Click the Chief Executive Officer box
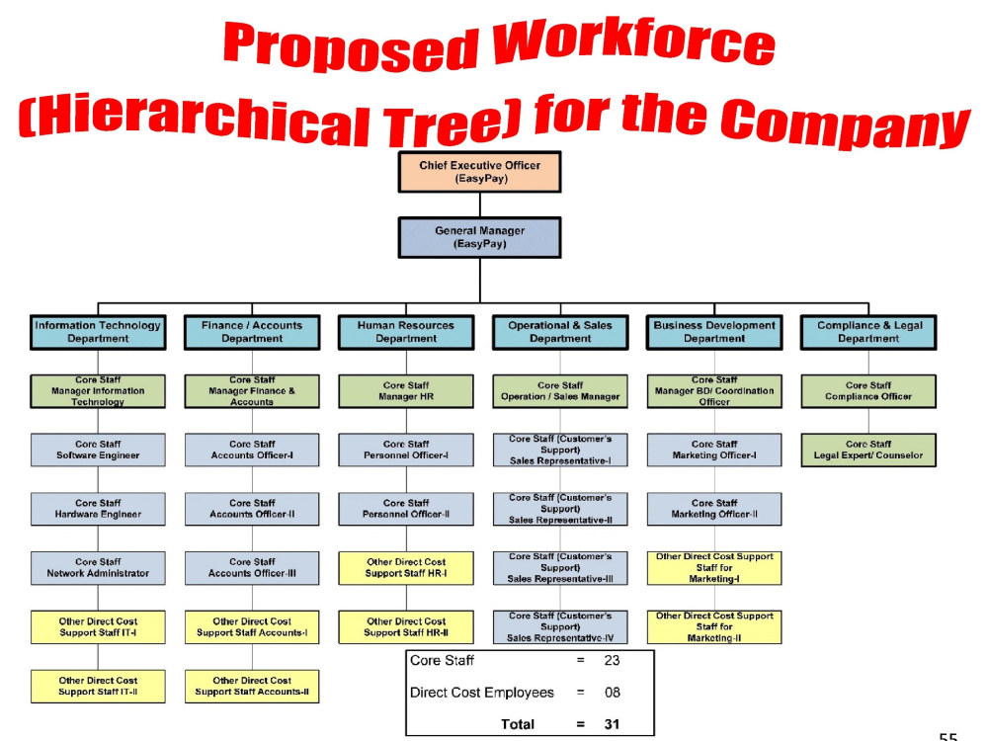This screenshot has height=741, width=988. tap(479, 172)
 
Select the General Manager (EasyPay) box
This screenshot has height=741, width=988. tap(479, 237)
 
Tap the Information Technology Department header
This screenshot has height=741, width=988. tap(98, 332)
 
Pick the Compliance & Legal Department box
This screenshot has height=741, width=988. tap(868, 332)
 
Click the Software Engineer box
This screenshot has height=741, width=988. tap(98, 450)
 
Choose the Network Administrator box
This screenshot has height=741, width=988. tap(98, 568)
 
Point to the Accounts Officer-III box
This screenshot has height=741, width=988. tap(252, 568)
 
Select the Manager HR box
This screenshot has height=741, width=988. tap(406, 391)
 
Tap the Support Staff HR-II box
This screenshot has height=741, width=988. tap(406, 627)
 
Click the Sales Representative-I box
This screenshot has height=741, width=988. tap(560, 450)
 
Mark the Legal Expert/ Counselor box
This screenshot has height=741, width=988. tap(868, 450)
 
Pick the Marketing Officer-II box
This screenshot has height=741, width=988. tap(714, 509)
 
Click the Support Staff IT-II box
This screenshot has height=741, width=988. tap(98, 687)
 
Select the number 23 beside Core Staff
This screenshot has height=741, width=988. tap(612, 660)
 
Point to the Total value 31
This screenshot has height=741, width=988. tap(612, 724)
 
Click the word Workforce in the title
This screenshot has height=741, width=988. tap(633, 42)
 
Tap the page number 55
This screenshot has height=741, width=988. tap(947, 736)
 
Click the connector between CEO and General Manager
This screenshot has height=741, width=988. tap(480, 206)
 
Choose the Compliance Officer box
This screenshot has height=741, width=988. tap(868, 391)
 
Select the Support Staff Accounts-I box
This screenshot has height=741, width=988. tap(252, 627)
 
